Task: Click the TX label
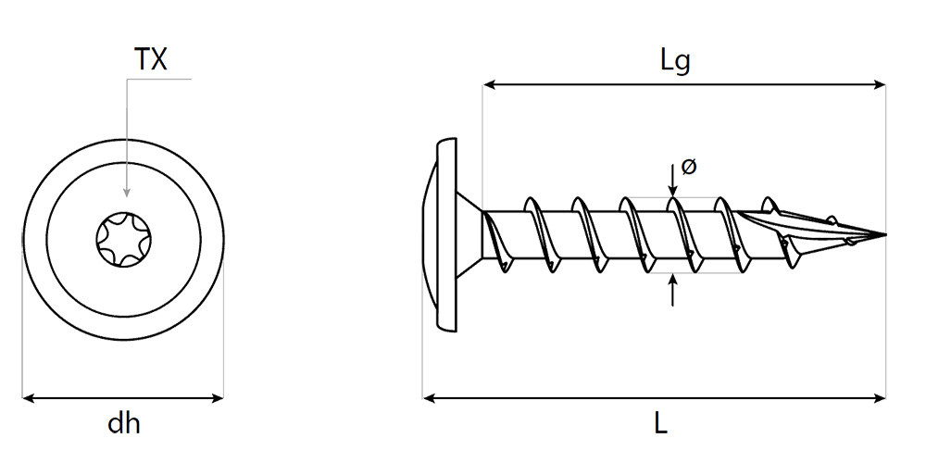(x=151, y=60)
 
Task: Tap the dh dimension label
(x=123, y=424)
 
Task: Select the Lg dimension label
(x=675, y=61)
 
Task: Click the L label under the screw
(x=659, y=424)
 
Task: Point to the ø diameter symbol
(x=688, y=167)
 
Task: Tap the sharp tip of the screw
(x=883, y=234)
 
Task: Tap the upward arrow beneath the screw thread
(x=672, y=282)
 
